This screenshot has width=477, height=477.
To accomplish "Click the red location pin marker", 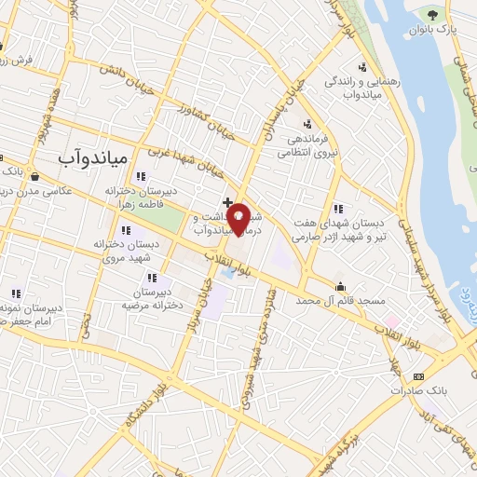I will [x=239, y=219].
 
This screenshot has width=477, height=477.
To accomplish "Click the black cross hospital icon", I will [x=227, y=201].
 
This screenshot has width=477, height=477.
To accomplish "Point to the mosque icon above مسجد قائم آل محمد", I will [x=341, y=286].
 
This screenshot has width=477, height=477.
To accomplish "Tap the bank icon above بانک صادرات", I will [x=418, y=375].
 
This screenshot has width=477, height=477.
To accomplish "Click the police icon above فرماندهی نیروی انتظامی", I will [x=307, y=124].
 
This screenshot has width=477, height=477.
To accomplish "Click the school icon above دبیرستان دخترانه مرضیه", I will [x=151, y=277].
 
